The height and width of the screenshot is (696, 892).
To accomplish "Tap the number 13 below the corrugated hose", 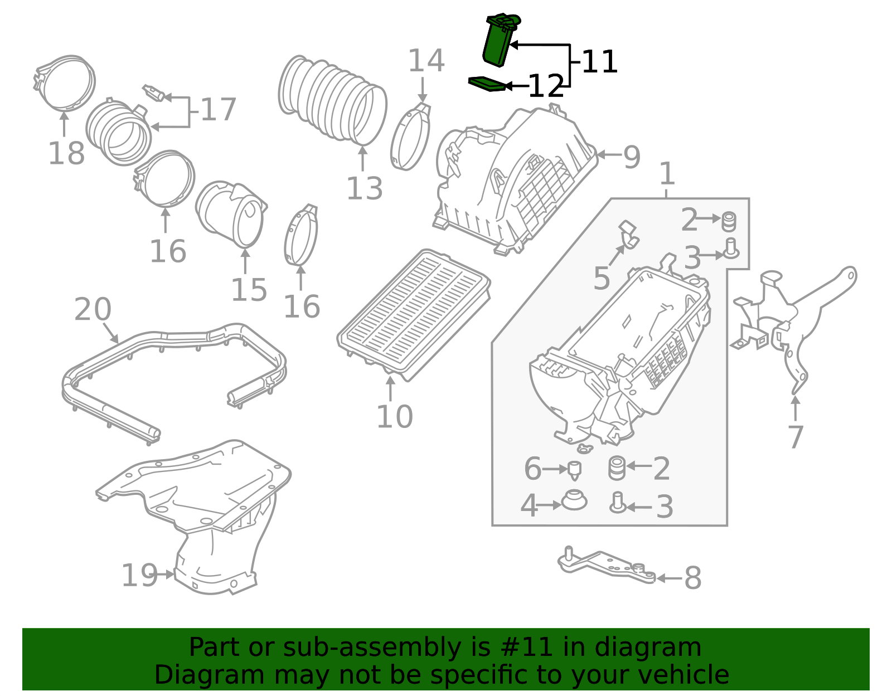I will (x=365, y=188).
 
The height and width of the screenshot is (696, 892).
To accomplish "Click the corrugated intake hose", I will (x=332, y=98).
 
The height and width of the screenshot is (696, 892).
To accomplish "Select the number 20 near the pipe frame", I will (x=93, y=309).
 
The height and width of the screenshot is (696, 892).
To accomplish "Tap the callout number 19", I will (x=139, y=575).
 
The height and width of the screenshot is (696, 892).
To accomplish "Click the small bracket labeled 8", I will (x=607, y=565).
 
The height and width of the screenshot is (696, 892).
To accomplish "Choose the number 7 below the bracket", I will (x=796, y=437).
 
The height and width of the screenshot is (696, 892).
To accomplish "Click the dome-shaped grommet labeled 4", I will (x=574, y=500).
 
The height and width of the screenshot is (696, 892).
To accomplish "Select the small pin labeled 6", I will (x=575, y=470).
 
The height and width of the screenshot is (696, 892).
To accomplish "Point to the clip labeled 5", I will (x=629, y=234).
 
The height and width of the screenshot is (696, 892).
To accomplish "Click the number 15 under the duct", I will (x=249, y=290).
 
